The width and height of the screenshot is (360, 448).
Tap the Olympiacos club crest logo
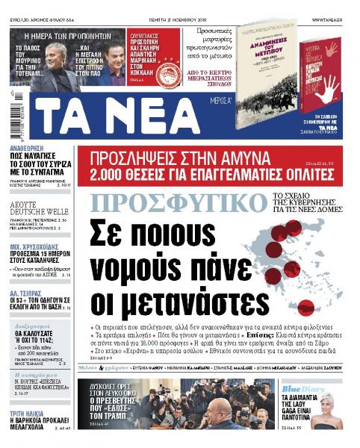tap(166, 72)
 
